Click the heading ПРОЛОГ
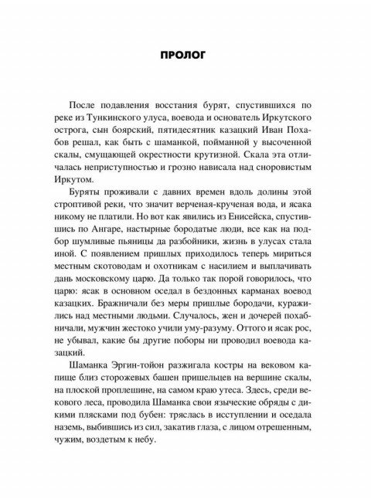coord(185,56)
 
